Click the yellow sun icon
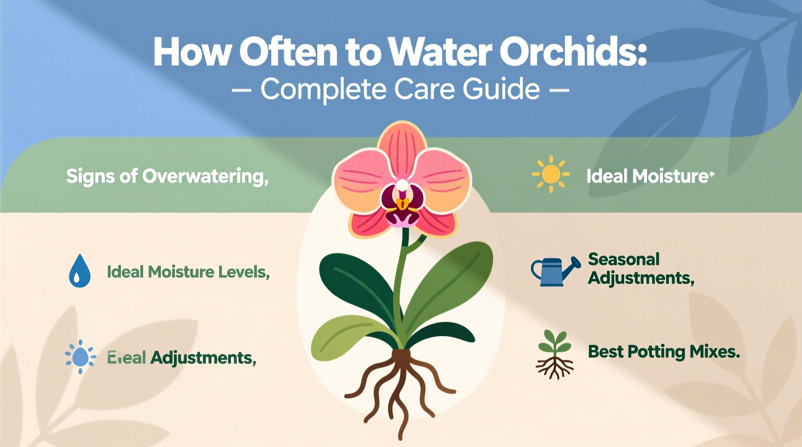click(551, 174)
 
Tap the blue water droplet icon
click(80, 272)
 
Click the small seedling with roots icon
click(555, 355)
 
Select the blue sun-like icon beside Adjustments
click(80, 357)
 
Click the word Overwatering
click(205, 177)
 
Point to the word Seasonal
click(624, 260)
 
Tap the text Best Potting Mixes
click(664, 352)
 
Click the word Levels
click(244, 272)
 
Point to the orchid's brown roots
click(400, 385)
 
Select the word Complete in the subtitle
click(323, 90)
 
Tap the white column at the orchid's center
click(402, 185)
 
